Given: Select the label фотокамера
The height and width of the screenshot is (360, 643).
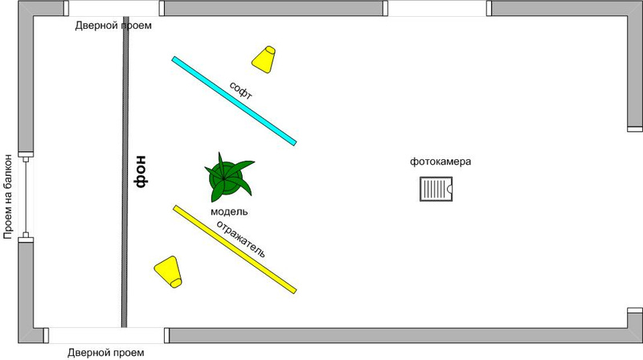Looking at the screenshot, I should tap(440, 162).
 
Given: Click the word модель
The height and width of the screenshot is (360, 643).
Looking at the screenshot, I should tap(229, 211).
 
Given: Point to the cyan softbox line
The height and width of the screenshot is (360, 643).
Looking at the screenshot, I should tap(234, 100).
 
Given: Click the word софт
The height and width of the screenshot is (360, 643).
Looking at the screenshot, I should tap(241, 90).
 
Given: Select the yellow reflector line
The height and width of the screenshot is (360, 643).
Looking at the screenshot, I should tap(235, 248).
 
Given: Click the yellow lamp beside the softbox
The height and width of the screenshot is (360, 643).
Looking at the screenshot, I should tap(264, 59).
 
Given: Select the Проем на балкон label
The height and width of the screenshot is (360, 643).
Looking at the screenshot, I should tap(10, 195).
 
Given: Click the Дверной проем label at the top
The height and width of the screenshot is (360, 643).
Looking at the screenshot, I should tap(113, 26).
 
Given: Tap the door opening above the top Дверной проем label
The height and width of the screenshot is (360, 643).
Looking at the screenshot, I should tap(113, 8).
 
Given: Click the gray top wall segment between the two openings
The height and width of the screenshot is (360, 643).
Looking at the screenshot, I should tap(273, 8).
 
